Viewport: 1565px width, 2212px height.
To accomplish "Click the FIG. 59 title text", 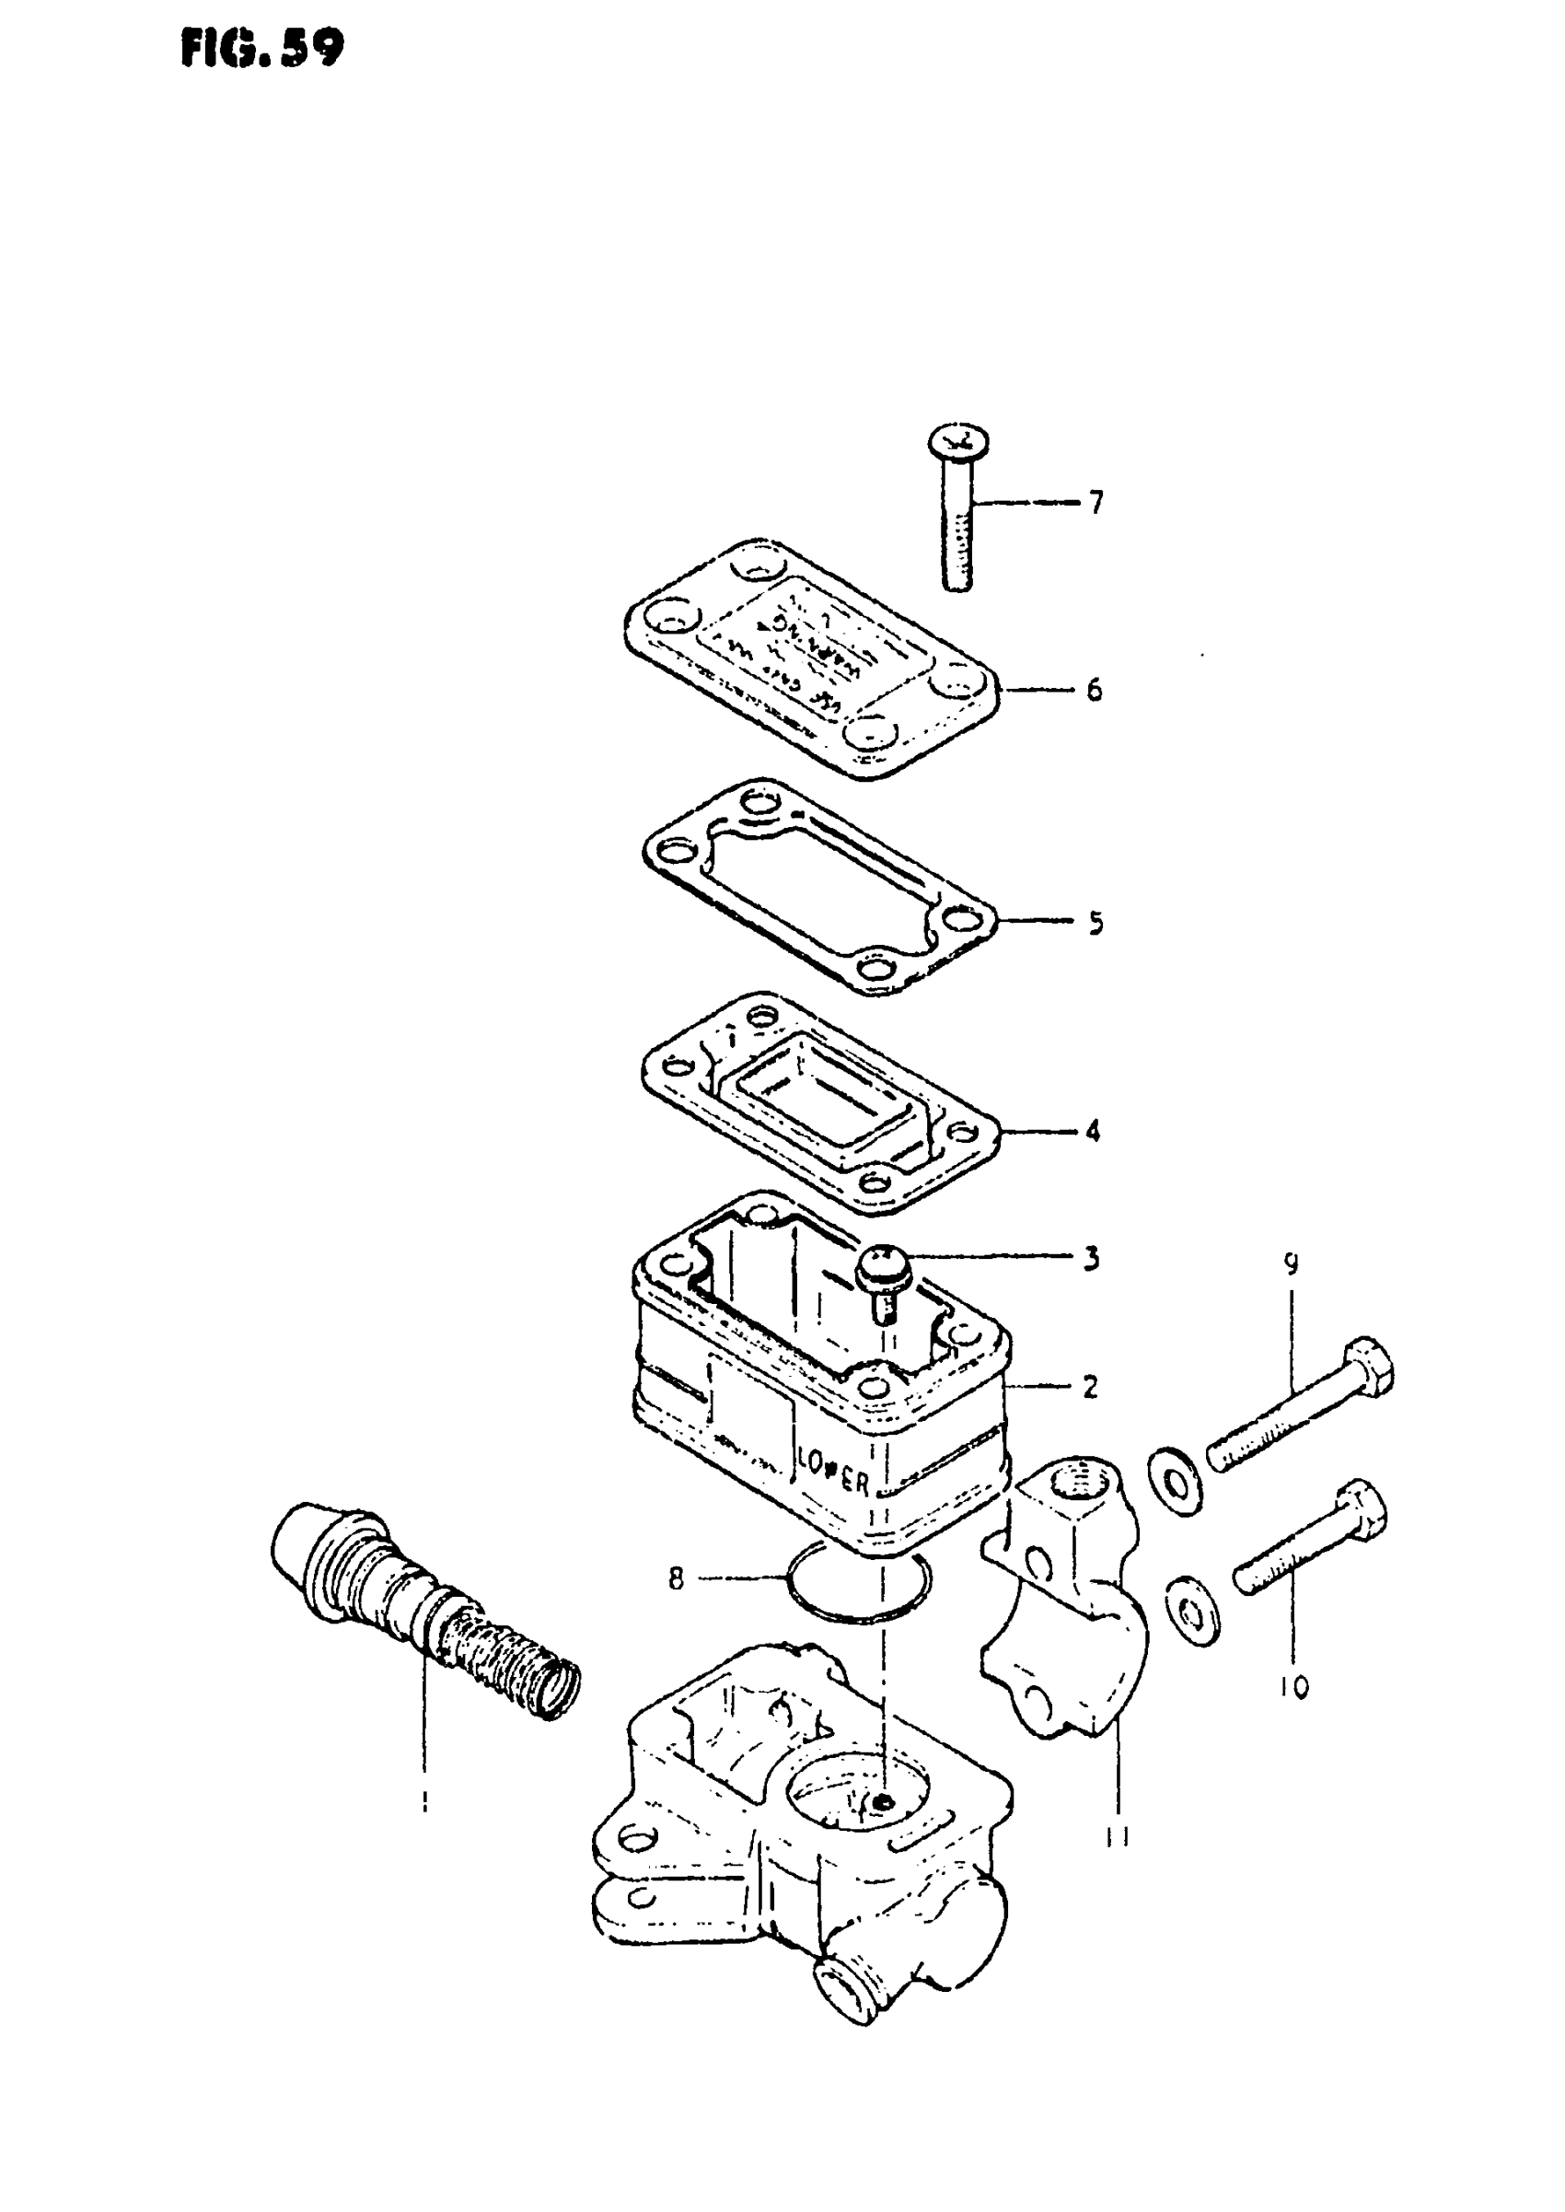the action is point(261,48).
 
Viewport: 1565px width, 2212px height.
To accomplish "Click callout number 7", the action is point(1095,502).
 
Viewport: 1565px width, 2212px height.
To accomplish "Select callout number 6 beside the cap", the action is point(1094,690).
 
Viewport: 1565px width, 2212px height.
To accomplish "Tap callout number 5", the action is point(1095,924).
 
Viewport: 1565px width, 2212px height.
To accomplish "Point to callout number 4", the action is point(1093,1131).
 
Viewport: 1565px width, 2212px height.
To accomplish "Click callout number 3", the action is point(1092,1259).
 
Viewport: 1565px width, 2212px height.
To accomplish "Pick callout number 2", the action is point(1090,1388).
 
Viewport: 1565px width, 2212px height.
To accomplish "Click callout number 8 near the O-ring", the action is point(676,1578).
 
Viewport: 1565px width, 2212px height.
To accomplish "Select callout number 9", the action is point(1292,1263).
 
